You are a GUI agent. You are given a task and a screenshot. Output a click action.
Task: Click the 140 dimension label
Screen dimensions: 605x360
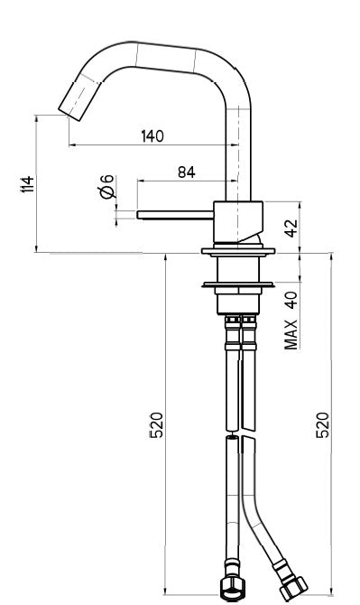(152, 135)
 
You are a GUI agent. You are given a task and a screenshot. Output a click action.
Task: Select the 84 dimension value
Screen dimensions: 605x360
(187, 172)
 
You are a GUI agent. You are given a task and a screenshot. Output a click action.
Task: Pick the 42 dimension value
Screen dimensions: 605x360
(291, 227)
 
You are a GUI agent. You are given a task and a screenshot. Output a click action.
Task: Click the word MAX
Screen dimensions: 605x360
(291, 334)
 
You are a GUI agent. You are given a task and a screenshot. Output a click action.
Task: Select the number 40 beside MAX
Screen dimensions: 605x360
(291, 300)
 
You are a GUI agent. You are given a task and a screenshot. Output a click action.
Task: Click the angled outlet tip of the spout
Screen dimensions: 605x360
(69, 103)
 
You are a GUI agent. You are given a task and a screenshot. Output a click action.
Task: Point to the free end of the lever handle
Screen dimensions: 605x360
(140, 214)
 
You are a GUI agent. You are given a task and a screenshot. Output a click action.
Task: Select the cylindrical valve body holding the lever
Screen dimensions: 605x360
(239, 220)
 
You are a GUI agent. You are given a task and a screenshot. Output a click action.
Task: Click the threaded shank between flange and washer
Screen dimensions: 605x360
(239, 269)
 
